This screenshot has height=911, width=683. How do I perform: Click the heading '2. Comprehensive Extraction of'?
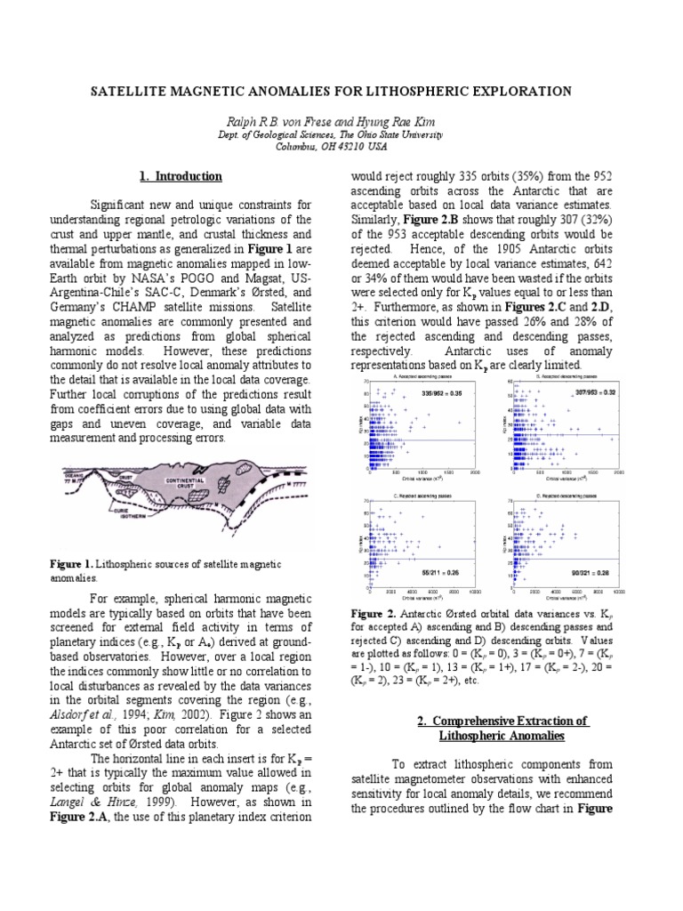click(502, 721)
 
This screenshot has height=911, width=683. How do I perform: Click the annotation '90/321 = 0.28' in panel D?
click(593, 571)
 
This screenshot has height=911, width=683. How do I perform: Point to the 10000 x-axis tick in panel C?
click(474, 593)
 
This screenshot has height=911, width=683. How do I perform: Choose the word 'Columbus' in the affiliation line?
click(299, 145)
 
